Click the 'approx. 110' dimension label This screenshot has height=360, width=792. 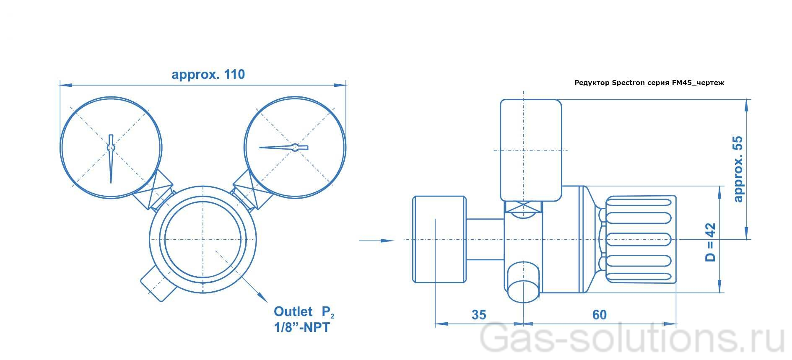click(x=208, y=75)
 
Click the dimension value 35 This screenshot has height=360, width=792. click(x=479, y=315)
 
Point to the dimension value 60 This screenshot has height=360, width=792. click(x=599, y=315)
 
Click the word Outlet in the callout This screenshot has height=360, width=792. click(x=293, y=311)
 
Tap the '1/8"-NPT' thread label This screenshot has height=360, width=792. click(x=302, y=327)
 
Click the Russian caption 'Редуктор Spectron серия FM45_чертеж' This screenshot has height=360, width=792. click(x=649, y=83)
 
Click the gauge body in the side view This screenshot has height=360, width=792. click(x=530, y=150)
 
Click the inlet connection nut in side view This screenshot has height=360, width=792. click(x=439, y=240)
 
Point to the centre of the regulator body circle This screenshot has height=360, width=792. click(x=203, y=240)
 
